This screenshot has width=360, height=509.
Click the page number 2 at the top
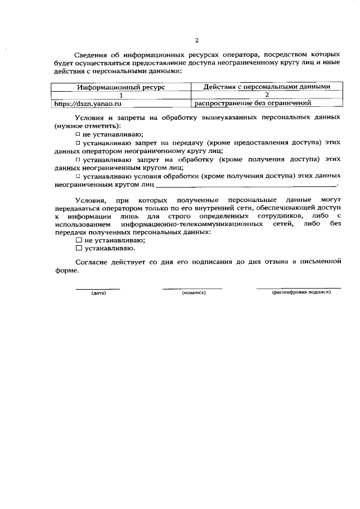(x=197, y=40)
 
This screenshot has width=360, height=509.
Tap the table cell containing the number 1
(x=121, y=96)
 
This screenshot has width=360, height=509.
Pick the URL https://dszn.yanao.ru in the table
(x=87, y=104)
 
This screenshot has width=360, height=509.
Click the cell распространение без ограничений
(x=253, y=104)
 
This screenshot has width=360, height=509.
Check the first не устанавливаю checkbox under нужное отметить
(x=78, y=134)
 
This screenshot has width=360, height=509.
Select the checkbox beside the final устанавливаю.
(x=79, y=248)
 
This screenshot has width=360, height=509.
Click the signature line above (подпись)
(x=193, y=288)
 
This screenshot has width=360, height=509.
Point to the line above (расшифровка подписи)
(x=298, y=288)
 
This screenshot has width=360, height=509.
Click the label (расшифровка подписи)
(x=298, y=293)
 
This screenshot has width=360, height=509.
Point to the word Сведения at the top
(x=92, y=55)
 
